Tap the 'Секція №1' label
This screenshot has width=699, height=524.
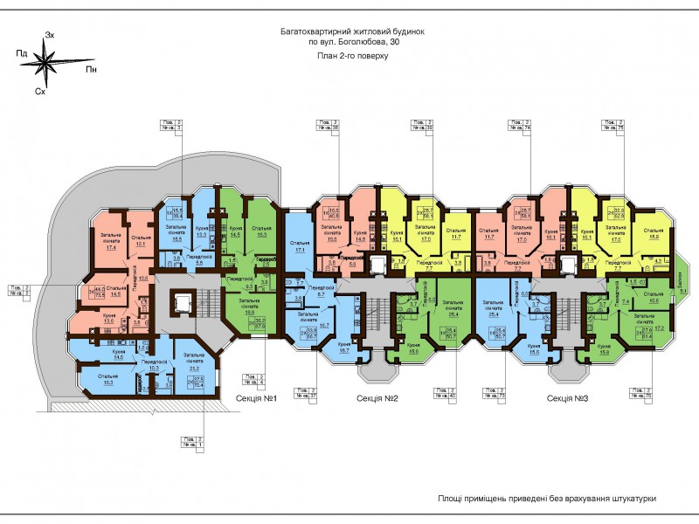pyautogui.click(x=261, y=398)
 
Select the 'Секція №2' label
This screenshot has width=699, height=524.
pyautogui.click(x=377, y=398)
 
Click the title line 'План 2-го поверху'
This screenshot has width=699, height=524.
pyautogui.click(x=353, y=54)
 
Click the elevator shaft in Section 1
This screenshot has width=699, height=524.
pyautogui.click(x=183, y=301)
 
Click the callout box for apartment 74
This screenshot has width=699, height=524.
pyautogui.click(x=520, y=125)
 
